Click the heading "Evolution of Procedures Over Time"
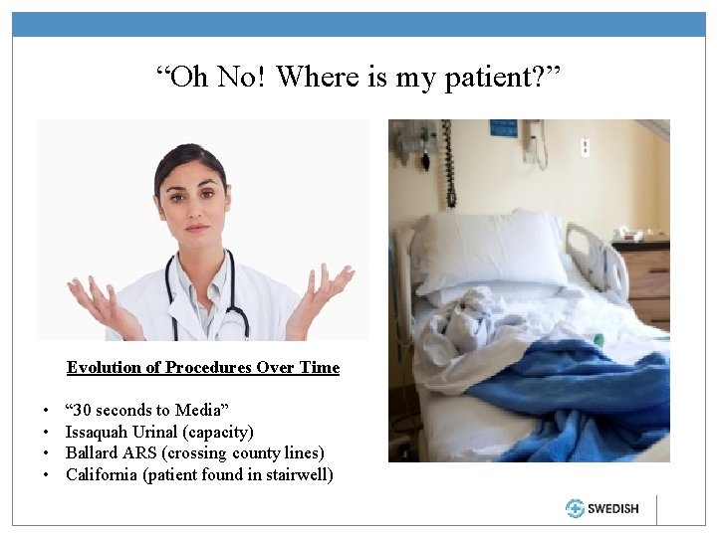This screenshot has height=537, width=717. [x=203, y=367]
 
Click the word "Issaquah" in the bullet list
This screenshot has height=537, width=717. [x=97, y=432]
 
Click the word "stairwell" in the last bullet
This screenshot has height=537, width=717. [x=298, y=474]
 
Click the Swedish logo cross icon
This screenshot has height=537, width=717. [x=575, y=508]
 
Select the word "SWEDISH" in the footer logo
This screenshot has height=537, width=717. [x=612, y=508]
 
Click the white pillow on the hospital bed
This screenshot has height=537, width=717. [x=488, y=249]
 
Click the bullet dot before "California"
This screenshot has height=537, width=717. [x=47, y=475]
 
